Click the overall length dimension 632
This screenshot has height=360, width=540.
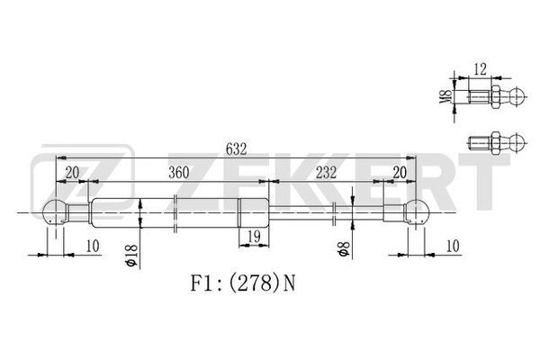tap(236, 149)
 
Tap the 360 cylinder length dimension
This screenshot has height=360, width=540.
tap(179, 173)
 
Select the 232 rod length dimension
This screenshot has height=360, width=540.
tap(326, 172)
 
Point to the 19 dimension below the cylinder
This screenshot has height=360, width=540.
tap(254, 237)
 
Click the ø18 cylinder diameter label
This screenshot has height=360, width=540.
tap(132, 256)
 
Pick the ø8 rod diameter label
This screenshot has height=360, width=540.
tap(344, 248)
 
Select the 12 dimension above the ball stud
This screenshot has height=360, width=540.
tap(480, 69)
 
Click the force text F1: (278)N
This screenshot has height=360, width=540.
tap(243, 283)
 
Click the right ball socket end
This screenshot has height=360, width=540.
tap(418, 211)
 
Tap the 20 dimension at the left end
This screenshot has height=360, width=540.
tap(72, 173)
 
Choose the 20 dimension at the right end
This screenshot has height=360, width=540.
tap(400, 173)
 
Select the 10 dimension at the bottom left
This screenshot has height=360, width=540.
tap(93, 246)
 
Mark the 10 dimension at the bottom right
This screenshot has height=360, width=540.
tap(453, 246)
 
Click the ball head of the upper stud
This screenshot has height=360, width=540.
tap(517, 97)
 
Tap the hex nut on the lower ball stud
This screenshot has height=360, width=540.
tap(496, 142)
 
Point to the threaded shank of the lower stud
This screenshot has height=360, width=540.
tap(480, 142)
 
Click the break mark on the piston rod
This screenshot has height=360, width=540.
tap(334, 214)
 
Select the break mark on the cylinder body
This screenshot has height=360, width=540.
tap(175, 213)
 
